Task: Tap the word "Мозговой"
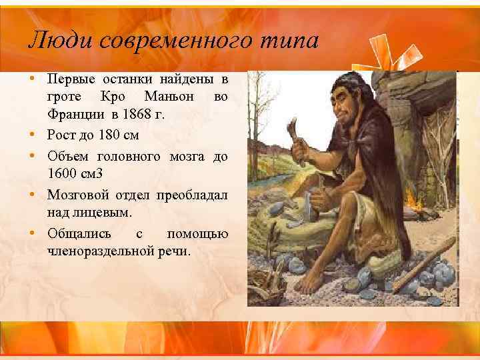point(73,196)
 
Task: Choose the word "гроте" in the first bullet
point(63,97)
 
